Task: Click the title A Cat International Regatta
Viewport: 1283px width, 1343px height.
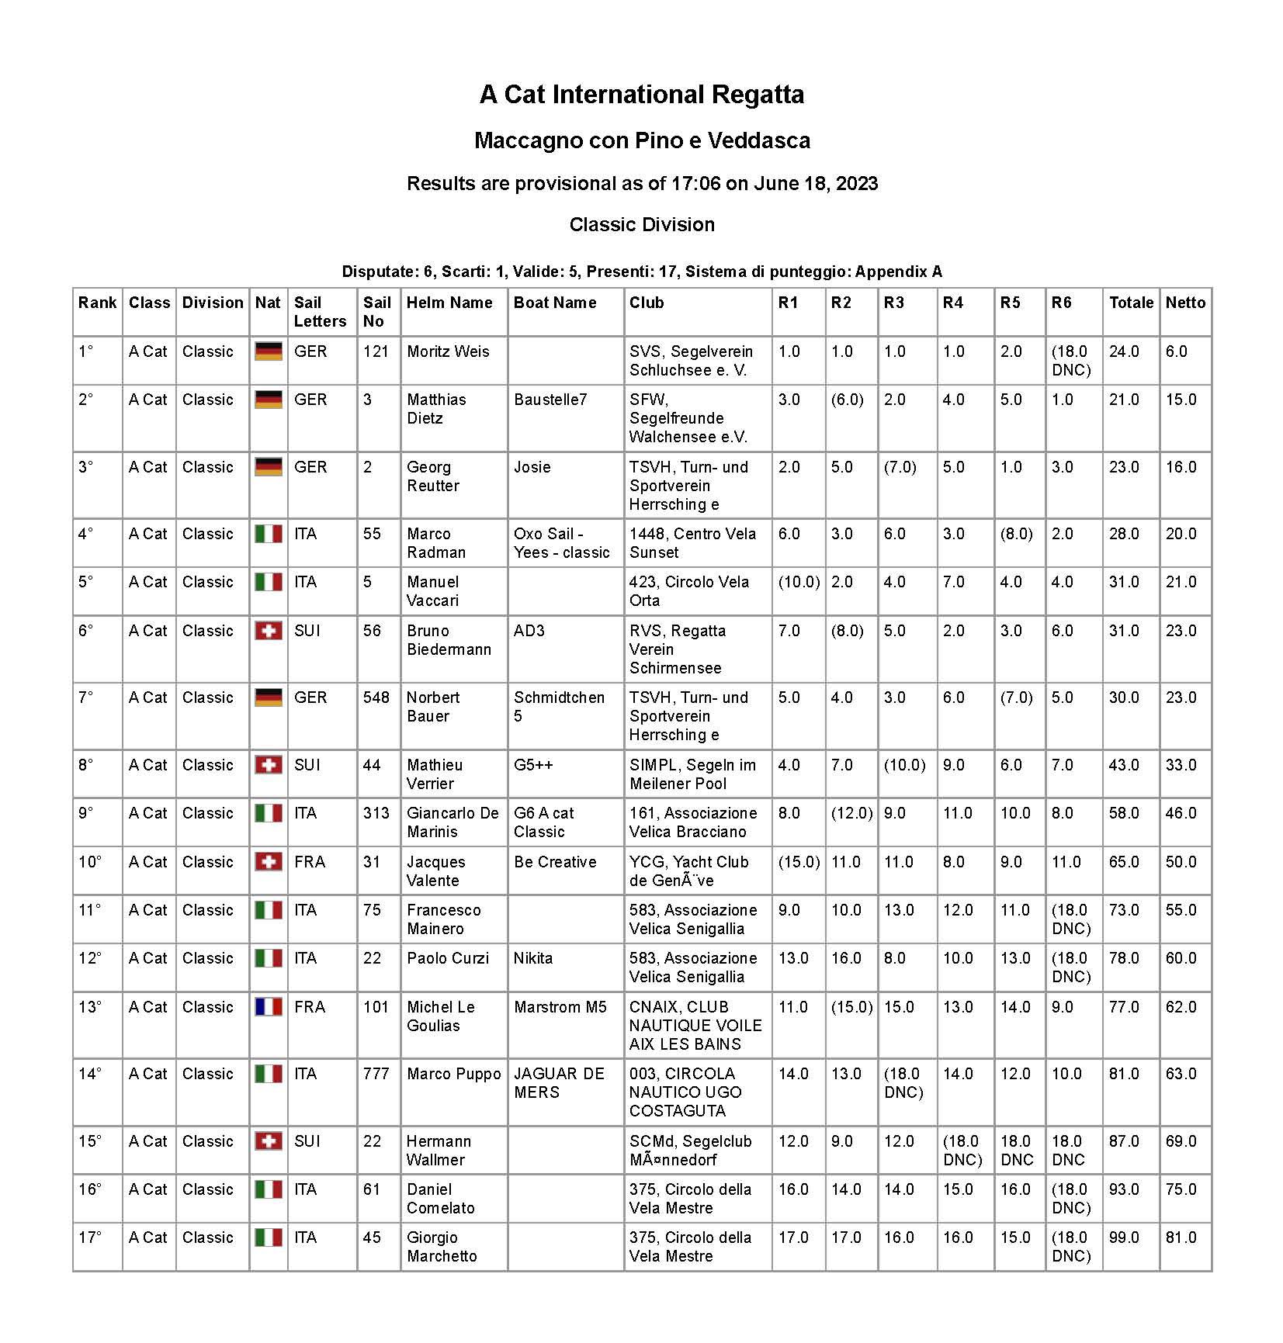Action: tap(641, 95)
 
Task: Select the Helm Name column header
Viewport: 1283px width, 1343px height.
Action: tap(449, 303)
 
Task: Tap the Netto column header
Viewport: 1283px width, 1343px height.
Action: tap(1184, 303)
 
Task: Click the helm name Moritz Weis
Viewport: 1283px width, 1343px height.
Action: tap(448, 351)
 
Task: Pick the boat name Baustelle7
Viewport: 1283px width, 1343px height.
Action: tap(550, 400)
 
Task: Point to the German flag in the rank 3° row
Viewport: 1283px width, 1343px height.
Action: tap(269, 467)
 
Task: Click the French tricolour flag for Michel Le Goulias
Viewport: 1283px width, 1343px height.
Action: tap(269, 1007)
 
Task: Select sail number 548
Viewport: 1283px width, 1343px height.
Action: tap(376, 697)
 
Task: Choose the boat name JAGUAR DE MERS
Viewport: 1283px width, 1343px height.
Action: tap(559, 1083)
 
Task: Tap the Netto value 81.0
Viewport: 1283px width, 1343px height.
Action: tap(1181, 1237)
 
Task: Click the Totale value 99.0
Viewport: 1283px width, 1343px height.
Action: tap(1124, 1237)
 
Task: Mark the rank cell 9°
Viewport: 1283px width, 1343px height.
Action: tap(85, 813)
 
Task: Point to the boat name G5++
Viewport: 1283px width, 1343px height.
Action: tap(533, 765)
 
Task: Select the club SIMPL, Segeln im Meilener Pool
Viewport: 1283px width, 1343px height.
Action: tap(692, 774)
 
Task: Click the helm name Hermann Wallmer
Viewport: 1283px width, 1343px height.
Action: tap(439, 1151)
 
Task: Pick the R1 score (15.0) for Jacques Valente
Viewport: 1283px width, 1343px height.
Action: tap(799, 862)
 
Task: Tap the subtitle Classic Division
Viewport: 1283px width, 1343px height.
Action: tap(641, 225)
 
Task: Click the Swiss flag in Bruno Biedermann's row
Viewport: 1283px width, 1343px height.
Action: tap(269, 631)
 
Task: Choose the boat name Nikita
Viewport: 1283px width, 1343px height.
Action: tap(532, 958)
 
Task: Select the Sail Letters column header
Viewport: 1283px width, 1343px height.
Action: tap(320, 312)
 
